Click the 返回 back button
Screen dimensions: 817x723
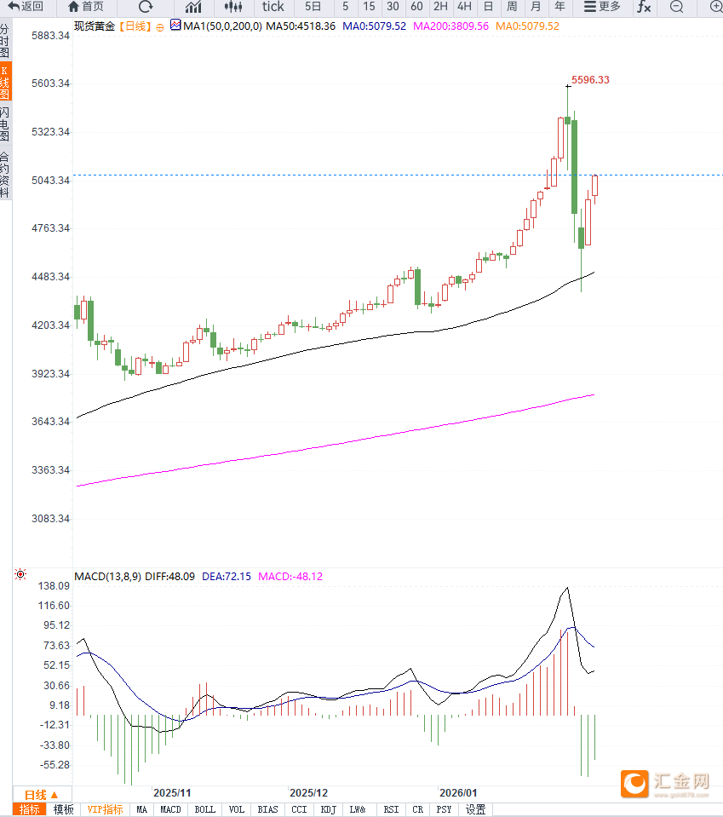point(26,7)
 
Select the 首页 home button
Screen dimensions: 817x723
point(86,7)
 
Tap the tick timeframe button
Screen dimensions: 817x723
point(273,7)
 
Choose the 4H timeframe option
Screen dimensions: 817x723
point(464,7)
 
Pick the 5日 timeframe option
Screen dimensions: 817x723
point(313,7)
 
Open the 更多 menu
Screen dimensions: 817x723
point(602,7)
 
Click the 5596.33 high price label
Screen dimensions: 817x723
point(590,79)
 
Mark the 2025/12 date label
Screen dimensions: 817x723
point(308,792)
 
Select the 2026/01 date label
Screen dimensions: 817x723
point(457,792)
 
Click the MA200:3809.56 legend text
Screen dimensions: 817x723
point(450,26)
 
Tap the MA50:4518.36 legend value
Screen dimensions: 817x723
point(301,26)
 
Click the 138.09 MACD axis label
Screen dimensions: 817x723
point(54,586)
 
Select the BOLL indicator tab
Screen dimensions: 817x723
point(204,809)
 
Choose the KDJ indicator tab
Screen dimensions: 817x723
point(328,809)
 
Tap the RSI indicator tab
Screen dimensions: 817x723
point(391,809)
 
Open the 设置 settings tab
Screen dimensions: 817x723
point(475,809)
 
